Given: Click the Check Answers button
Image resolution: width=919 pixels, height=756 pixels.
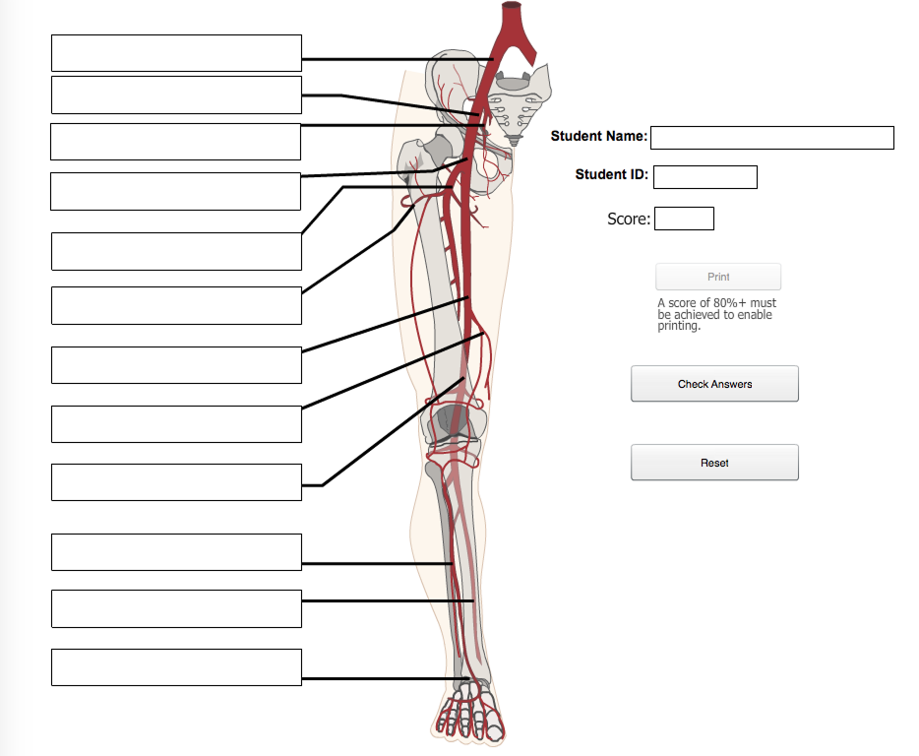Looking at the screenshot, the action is tap(714, 384).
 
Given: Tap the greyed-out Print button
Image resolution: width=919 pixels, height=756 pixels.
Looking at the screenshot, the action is tap(718, 277).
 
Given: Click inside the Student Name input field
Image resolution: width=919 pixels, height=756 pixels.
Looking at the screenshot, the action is tap(772, 138).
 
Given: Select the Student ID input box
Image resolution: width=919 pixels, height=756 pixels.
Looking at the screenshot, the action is tap(705, 177).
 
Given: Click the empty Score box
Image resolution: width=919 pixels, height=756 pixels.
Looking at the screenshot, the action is tap(684, 219).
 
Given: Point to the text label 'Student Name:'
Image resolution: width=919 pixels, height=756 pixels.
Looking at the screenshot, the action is tap(599, 136).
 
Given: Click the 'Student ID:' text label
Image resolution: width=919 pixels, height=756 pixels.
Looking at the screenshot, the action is tap(612, 174).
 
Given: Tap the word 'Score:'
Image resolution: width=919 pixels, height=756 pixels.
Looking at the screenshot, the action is tap(629, 219).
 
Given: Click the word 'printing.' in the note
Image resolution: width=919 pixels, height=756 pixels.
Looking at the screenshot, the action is tap(679, 327).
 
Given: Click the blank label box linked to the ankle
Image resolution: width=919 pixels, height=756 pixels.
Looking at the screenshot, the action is tap(176, 667).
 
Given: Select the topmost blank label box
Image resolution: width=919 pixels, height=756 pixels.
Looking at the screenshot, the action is tap(176, 53).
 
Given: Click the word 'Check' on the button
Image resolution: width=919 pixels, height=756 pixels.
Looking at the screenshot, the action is tap(694, 384).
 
